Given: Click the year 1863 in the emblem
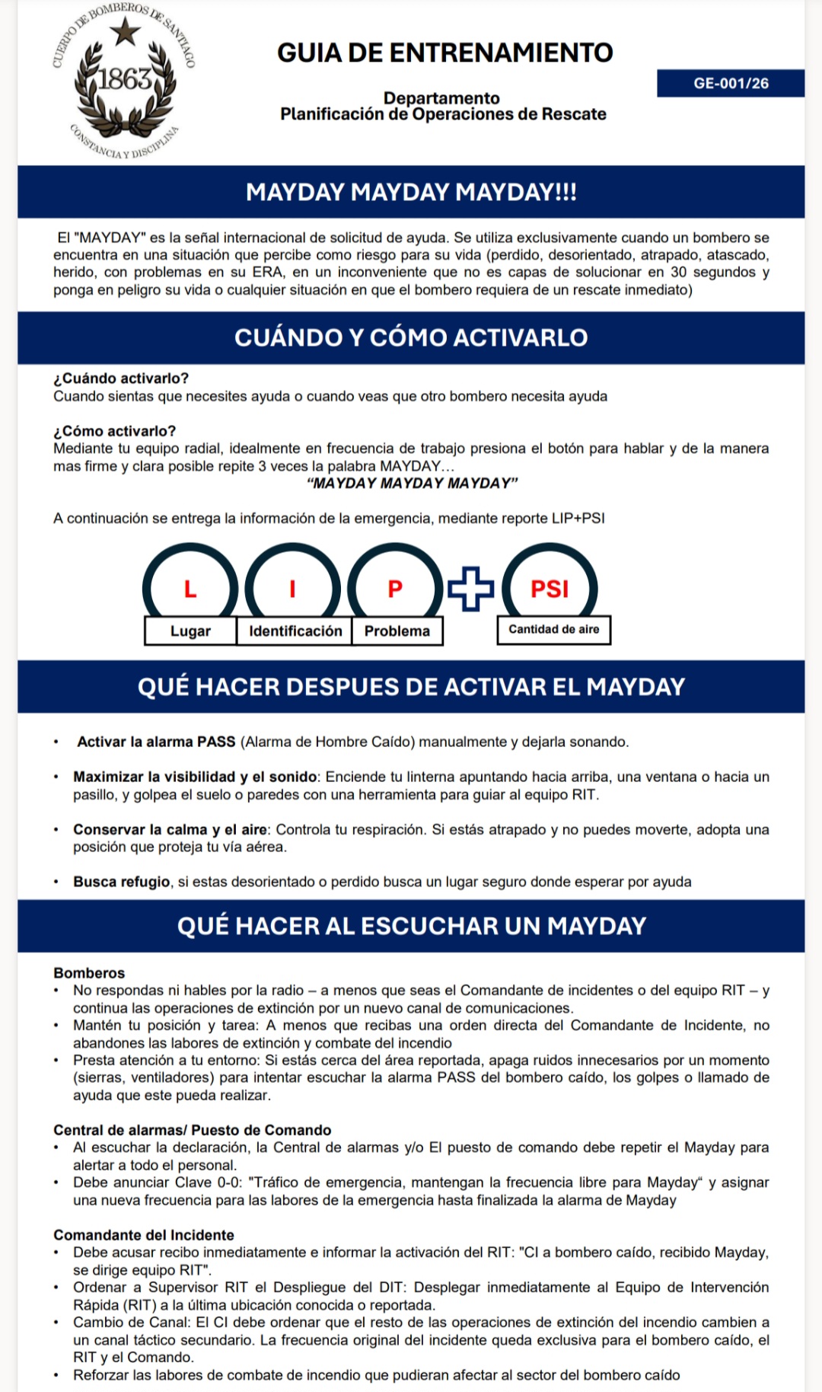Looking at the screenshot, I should click(124, 78).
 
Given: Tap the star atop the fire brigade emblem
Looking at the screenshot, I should click(125, 33).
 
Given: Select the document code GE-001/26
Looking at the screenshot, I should click(731, 83).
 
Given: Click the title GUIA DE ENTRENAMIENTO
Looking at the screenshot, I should click(444, 53).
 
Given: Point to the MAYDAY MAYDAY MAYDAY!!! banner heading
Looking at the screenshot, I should click(411, 192).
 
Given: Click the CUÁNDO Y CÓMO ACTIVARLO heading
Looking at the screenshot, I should click(411, 337).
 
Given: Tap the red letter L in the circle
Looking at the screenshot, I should click(190, 589).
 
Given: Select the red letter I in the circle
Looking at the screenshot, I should click(293, 589).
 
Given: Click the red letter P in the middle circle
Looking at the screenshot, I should click(395, 589).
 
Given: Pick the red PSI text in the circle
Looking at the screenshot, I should click(550, 589).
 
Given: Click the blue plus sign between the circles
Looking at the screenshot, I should click(470, 589).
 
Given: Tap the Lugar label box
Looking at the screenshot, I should click(190, 631).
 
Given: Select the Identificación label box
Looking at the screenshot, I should click(295, 631).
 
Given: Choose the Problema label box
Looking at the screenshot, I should click(397, 631).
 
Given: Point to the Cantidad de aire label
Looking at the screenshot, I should click(553, 630).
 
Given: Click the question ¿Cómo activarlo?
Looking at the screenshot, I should click(115, 431).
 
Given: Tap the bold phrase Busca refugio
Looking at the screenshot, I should click(122, 882).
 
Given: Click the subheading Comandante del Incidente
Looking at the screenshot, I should click(144, 1235).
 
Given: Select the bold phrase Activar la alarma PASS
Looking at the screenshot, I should click(156, 742).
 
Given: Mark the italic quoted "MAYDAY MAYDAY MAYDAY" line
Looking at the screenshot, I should click(412, 484).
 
